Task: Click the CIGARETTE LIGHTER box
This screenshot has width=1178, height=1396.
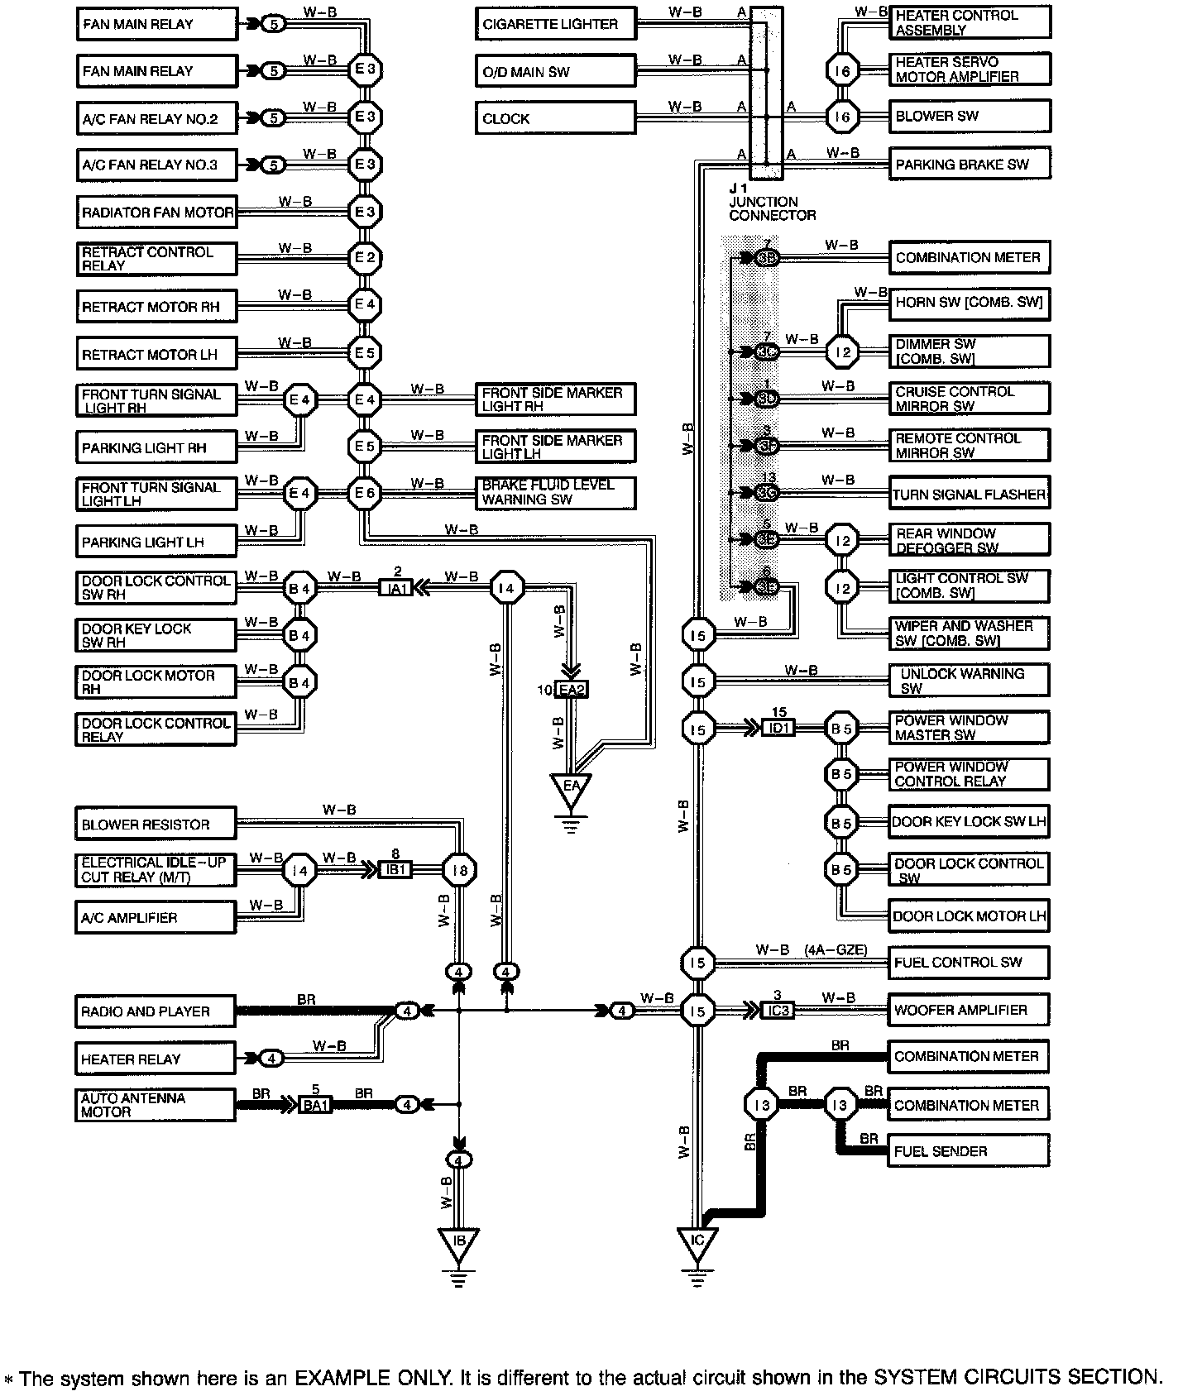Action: pos(555,24)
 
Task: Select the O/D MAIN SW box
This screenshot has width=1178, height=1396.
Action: pos(555,71)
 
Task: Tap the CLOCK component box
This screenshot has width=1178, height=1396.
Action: pos(555,118)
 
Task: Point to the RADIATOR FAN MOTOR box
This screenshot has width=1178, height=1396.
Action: pos(156,213)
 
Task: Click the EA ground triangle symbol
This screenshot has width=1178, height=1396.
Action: pos(572,788)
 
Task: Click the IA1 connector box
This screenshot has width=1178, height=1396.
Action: pos(395,589)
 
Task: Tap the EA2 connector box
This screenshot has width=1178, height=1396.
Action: pos(572,690)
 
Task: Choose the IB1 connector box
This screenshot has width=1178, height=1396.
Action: pos(395,870)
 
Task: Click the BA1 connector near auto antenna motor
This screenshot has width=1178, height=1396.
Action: pos(315,1104)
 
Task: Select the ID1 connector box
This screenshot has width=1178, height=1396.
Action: pos(778,728)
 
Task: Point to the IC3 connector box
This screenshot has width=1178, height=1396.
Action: pos(777,1011)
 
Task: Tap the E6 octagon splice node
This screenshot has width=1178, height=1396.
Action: pos(365,494)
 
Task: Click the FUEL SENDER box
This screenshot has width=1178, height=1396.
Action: pos(969,1151)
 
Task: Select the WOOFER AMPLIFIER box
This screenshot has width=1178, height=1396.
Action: pos(969,1010)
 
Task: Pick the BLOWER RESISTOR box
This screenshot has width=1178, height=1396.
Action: pos(156,825)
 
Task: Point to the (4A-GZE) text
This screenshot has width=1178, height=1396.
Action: pos(836,950)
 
